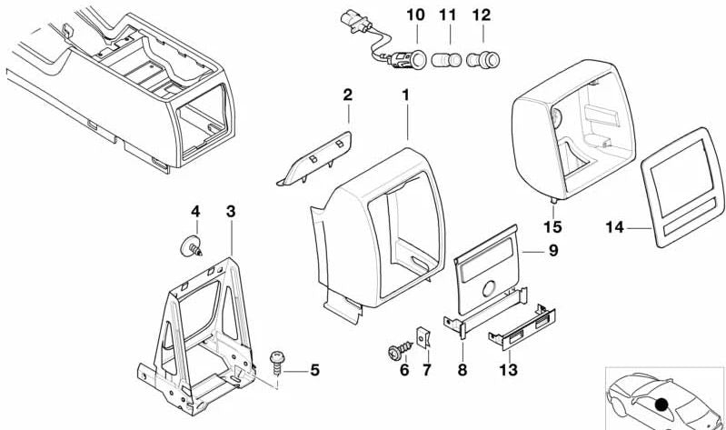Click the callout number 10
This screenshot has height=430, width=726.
(x=415, y=15)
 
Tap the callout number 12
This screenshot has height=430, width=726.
(x=481, y=15)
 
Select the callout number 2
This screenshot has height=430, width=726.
(x=346, y=95)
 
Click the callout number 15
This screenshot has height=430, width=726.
(x=552, y=226)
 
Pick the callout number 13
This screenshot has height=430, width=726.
(x=510, y=372)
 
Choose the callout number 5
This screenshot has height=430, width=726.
(x=314, y=370)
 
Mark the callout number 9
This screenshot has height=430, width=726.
(x=552, y=251)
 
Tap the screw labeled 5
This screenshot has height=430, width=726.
(x=279, y=365)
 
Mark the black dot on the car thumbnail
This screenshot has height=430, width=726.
(x=661, y=405)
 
